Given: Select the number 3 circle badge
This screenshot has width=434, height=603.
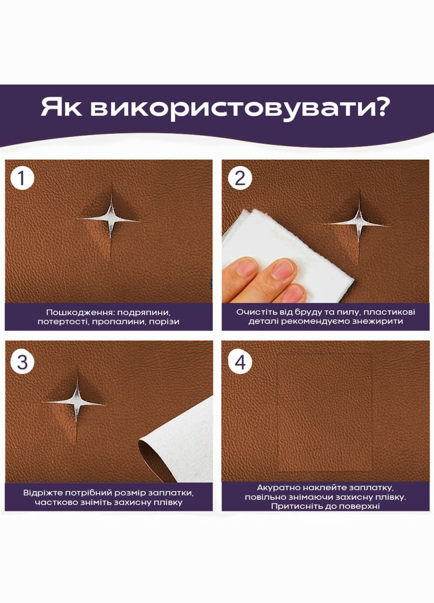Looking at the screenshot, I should (22, 362).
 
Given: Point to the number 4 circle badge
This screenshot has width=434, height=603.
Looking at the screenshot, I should (240, 362).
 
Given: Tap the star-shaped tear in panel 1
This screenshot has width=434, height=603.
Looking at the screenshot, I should (110, 218).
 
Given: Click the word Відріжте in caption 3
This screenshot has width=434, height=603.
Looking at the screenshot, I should (42, 493).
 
